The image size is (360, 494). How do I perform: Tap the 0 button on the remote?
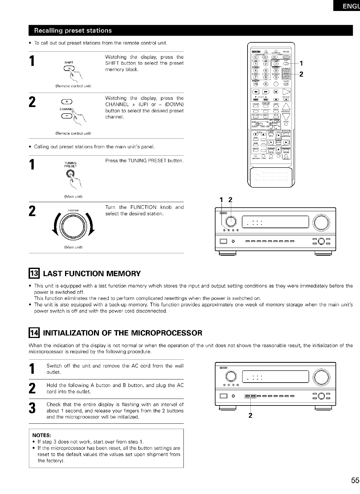[x=265, y=84]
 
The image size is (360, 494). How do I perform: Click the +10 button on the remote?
[x=255, y=84]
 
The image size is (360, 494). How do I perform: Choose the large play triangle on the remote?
[x=287, y=92]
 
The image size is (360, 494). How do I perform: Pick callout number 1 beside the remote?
[x=301, y=63]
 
